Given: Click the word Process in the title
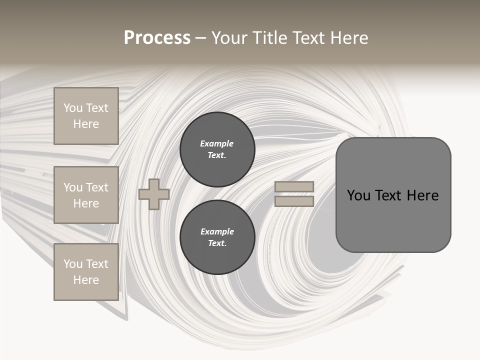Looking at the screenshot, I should pyautogui.click(x=157, y=38).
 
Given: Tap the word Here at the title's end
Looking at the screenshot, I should pyautogui.click(x=348, y=38).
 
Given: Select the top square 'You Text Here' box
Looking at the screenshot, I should pyautogui.click(x=86, y=116).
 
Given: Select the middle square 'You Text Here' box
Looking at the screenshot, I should pyautogui.click(x=86, y=195).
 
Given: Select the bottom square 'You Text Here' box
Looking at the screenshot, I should pyautogui.click(x=86, y=272).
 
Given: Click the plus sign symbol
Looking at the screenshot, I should pyautogui.click(x=154, y=194).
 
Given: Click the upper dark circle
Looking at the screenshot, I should pyautogui.click(x=217, y=149).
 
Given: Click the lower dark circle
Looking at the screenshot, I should pyautogui.click(x=217, y=237).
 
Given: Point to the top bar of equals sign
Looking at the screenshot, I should pyautogui.click(x=294, y=186).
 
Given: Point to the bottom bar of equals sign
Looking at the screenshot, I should pyautogui.click(x=294, y=201).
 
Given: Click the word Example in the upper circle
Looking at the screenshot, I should pyautogui.click(x=216, y=143).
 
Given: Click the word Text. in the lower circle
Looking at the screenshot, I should pyautogui.click(x=217, y=243).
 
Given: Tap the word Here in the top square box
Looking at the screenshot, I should pyautogui.click(x=86, y=124).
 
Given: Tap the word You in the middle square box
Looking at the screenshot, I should pyautogui.click(x=73, y=187).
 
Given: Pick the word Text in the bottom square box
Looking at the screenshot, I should pyautogui.click(x=97, y=264).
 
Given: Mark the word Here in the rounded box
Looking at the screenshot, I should pyautogui.click(x=422, y=195).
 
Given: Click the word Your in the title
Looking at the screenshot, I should pyautogui.click(x=230, y=38).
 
